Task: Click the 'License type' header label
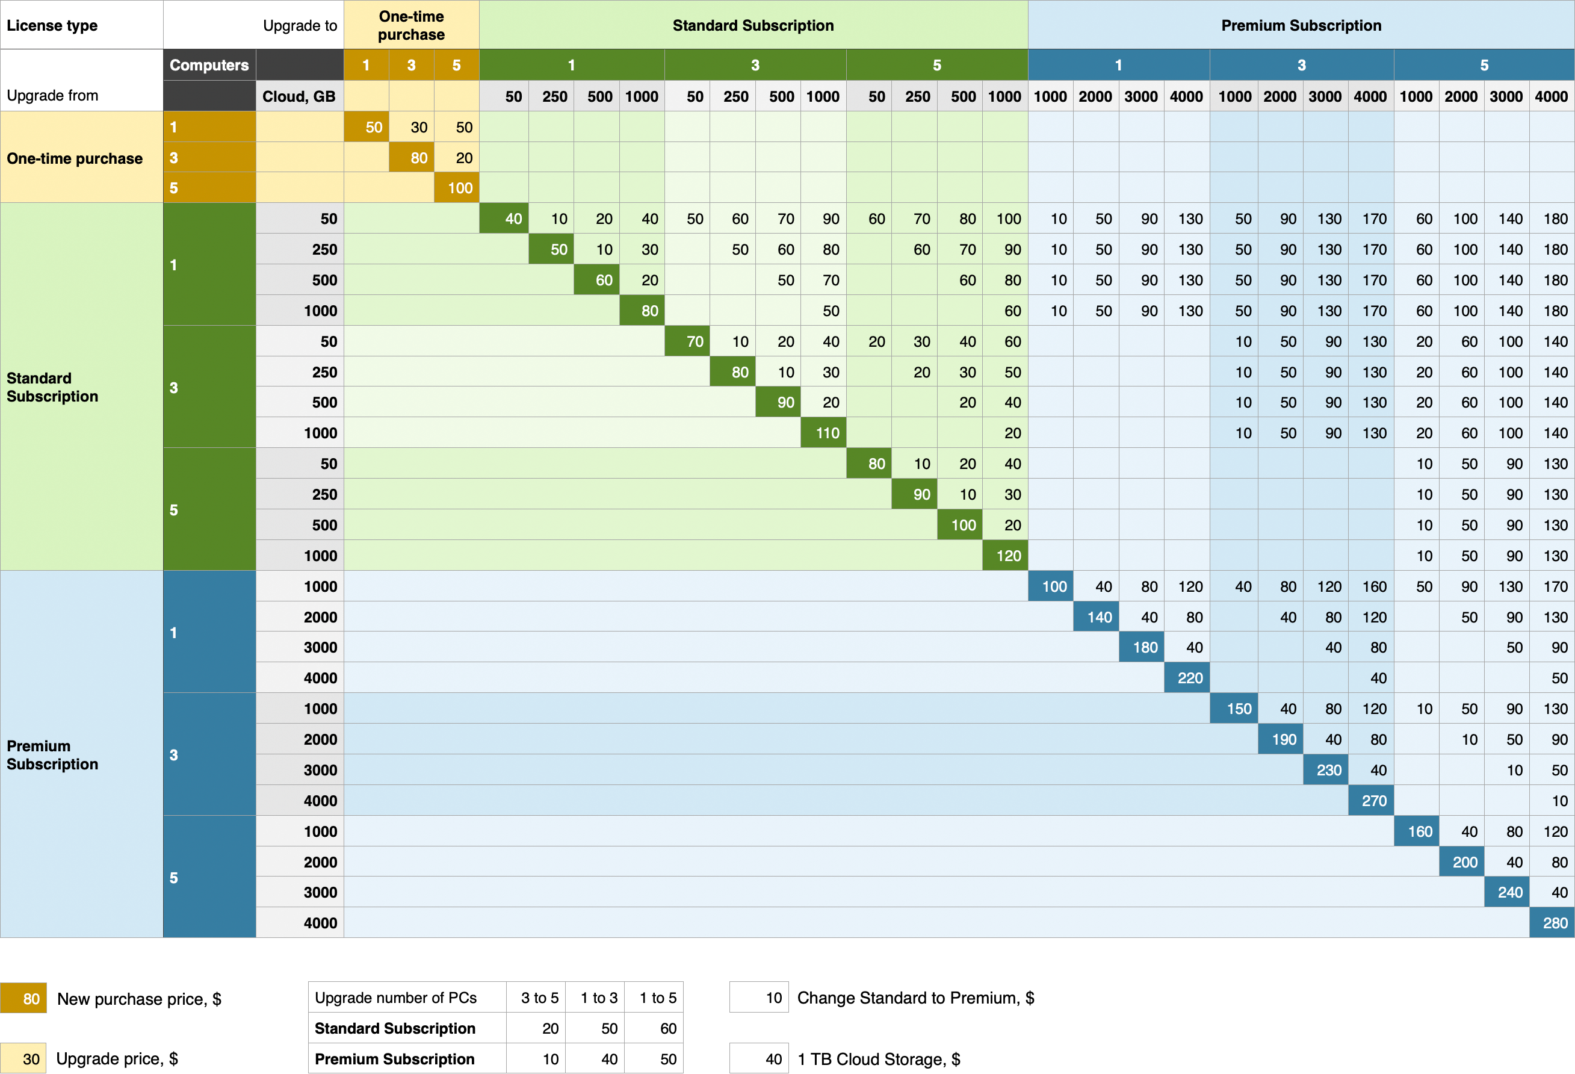(52, 26)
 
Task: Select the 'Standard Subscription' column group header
(753, 25)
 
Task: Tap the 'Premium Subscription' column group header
(1301, 25)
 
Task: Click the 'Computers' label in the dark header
(209, 65)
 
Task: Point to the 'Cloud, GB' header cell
(299, 96)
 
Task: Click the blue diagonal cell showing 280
(1552, 923)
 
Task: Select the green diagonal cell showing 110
(823, 433)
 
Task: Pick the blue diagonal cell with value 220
(1187, 678)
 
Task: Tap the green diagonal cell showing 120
(1005, 555)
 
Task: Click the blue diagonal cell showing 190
(1281, 739)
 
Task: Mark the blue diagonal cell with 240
(1506, 892)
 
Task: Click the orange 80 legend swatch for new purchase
(23, 998)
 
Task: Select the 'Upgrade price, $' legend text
(117, 1058)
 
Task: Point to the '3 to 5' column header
(539, 998)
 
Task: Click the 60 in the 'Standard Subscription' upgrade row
(668, 1029)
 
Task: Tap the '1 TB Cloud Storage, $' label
(878, 1059)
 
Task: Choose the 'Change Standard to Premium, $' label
(915, 998)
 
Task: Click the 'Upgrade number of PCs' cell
(396, 998)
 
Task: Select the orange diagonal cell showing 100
(457, 188)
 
